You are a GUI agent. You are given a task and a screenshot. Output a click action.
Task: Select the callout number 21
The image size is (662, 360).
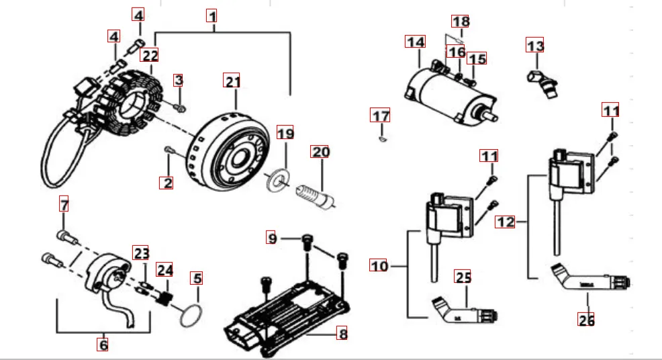pos(232,82)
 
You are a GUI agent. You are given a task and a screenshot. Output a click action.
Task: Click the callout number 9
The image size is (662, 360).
pos(272,238)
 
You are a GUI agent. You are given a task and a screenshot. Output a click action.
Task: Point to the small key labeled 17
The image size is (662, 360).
pos(381,139)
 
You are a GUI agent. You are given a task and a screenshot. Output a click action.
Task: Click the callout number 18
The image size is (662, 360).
pos(460,22)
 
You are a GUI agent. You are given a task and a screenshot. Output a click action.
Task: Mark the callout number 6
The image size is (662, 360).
pos(103,343)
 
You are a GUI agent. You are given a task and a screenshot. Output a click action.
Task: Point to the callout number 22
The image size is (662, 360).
pos(150,56)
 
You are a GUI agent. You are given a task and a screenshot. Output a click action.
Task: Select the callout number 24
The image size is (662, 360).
pos(164,270)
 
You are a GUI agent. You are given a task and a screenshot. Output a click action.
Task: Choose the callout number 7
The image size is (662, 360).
pos(64,204)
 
